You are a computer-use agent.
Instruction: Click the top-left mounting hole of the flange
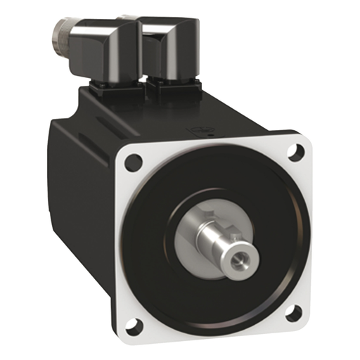pos(134,163)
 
